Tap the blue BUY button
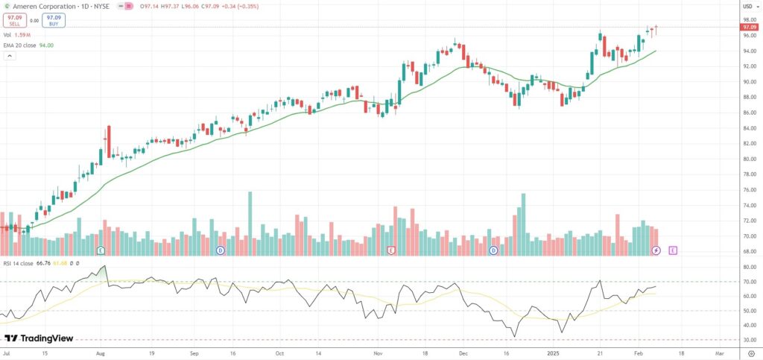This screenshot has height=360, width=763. [x=53, y=19]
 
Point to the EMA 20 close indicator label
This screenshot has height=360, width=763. [x=30, y=45]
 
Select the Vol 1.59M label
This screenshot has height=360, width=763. [x=16, y=34]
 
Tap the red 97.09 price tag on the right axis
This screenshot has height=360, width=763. [x=749, y=27]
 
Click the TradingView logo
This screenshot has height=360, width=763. [x=39, y=338]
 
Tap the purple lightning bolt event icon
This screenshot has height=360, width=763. [x=656, y=250]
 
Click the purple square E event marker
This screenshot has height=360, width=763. [x=673, y=250]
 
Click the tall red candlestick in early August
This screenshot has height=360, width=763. [x=109, y=142]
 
